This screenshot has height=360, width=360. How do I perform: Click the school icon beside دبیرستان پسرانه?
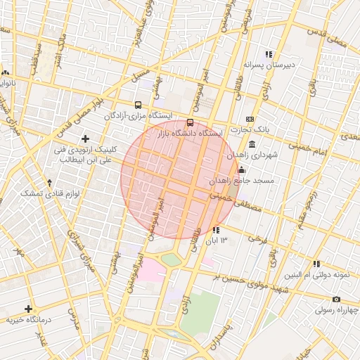[x=268, y=54]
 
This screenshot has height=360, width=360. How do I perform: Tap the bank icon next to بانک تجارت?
[x=249, y=119]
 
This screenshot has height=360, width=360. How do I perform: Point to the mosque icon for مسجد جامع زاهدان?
[x=242, y=169]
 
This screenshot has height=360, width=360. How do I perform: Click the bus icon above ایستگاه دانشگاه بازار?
[x=190, y=122]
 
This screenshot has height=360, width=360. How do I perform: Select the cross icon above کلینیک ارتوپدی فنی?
[x=86, y=139]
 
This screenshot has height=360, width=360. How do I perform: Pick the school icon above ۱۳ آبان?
[x=215, y=230]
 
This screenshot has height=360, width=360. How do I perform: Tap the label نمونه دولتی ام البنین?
[x=317, y=274]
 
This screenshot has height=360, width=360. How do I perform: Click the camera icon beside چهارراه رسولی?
[x=337, y=299]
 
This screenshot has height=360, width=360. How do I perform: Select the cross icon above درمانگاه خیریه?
[x=28, y=309]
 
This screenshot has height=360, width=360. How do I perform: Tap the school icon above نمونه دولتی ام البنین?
[x=317, y=264]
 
